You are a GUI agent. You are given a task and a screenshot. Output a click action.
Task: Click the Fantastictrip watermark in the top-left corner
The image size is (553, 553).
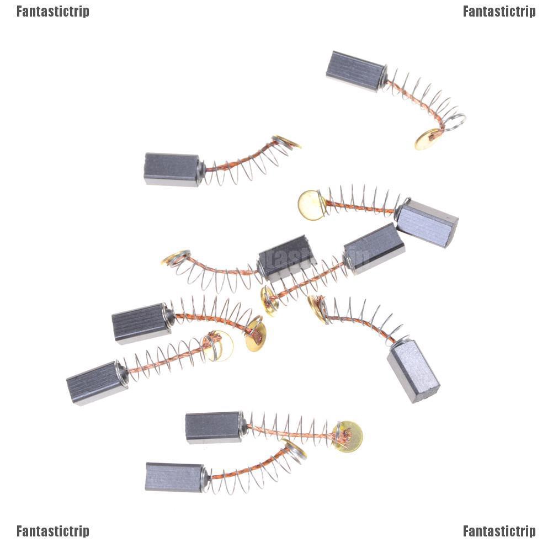pyautogui.click(x=52, y=12)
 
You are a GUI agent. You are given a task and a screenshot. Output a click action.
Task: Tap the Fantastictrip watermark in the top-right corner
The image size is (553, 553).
pyautogui.click(x=499, y=12)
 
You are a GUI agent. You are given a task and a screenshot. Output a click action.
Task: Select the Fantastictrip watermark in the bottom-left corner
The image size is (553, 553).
pyautogui.click(x=52, y=531)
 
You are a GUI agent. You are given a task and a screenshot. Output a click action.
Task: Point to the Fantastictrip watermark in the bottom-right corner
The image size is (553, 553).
pyautogui.click(x=499, y=531)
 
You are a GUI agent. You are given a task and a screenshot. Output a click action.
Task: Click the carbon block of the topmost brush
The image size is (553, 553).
pyautogui.click(x=354, y=71)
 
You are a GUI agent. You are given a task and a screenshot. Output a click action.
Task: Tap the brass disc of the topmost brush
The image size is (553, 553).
pyautogui.click(x=427, y=139)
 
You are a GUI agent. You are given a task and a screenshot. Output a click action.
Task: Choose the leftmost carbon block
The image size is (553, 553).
pyautogui.click(x=96, y=383)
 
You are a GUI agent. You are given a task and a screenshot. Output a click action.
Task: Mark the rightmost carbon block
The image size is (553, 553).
pyautogui.click(x=427, y=222)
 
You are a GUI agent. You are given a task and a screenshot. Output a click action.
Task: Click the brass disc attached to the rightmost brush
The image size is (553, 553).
pyautogui.click(x=311, y=204)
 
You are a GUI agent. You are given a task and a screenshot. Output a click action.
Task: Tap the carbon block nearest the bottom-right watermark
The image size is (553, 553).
pyautogui.click(x=413, y=370)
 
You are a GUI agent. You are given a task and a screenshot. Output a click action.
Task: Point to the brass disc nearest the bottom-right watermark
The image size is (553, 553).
pyautogui.click(x=348, y=436)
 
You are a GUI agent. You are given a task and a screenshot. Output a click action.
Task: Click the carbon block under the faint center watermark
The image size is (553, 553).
pyautogui.click(x=286, y=257)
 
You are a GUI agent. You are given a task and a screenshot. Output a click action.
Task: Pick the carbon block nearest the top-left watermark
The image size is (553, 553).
pyautogui.click(x=172, y=169)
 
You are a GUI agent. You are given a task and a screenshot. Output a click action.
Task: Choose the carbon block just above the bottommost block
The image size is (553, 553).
pyautogui.click(x=213, y=427)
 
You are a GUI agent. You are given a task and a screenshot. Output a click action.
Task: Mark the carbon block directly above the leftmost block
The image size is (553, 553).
pyautogui.click(x=141, y=324)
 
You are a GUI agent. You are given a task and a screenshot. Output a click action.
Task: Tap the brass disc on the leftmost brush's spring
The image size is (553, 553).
pyautogui.click(x=221, y=345)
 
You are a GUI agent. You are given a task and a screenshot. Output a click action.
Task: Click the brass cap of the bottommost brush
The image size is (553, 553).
pyautogui.click(x=296, y=449)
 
